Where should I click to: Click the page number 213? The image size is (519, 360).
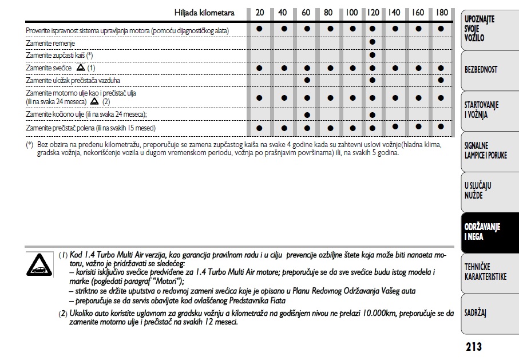tap(474, 346)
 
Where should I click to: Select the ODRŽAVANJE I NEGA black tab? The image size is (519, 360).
tap(482, 232)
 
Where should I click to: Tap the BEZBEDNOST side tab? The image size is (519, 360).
tap(481, 70)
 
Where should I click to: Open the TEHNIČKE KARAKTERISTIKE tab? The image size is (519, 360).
tap(485, 272)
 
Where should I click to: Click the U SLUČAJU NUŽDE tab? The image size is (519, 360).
tap(478, 191)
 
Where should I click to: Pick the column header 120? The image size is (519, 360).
tap(373, 13)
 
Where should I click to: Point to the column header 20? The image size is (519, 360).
tap(260, 13)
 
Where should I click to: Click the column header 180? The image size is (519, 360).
tap(441, 13)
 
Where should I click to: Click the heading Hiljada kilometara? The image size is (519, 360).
tap(204, 13)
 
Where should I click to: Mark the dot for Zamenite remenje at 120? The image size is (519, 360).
tap(373, 42)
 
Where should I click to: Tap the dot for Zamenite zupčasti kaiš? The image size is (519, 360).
tap(373, 54)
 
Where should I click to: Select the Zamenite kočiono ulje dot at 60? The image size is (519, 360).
tap(307, 114)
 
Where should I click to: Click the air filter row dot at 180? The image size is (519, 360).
tap(441, 80)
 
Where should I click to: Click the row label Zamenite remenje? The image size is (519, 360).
tap(50, 43)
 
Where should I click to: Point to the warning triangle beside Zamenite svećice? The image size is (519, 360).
tap(81, 68)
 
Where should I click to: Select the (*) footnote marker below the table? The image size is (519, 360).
tap(30, 145)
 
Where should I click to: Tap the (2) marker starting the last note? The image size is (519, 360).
tap(63, 314)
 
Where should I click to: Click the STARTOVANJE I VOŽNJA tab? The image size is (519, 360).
tap(481, 110)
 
